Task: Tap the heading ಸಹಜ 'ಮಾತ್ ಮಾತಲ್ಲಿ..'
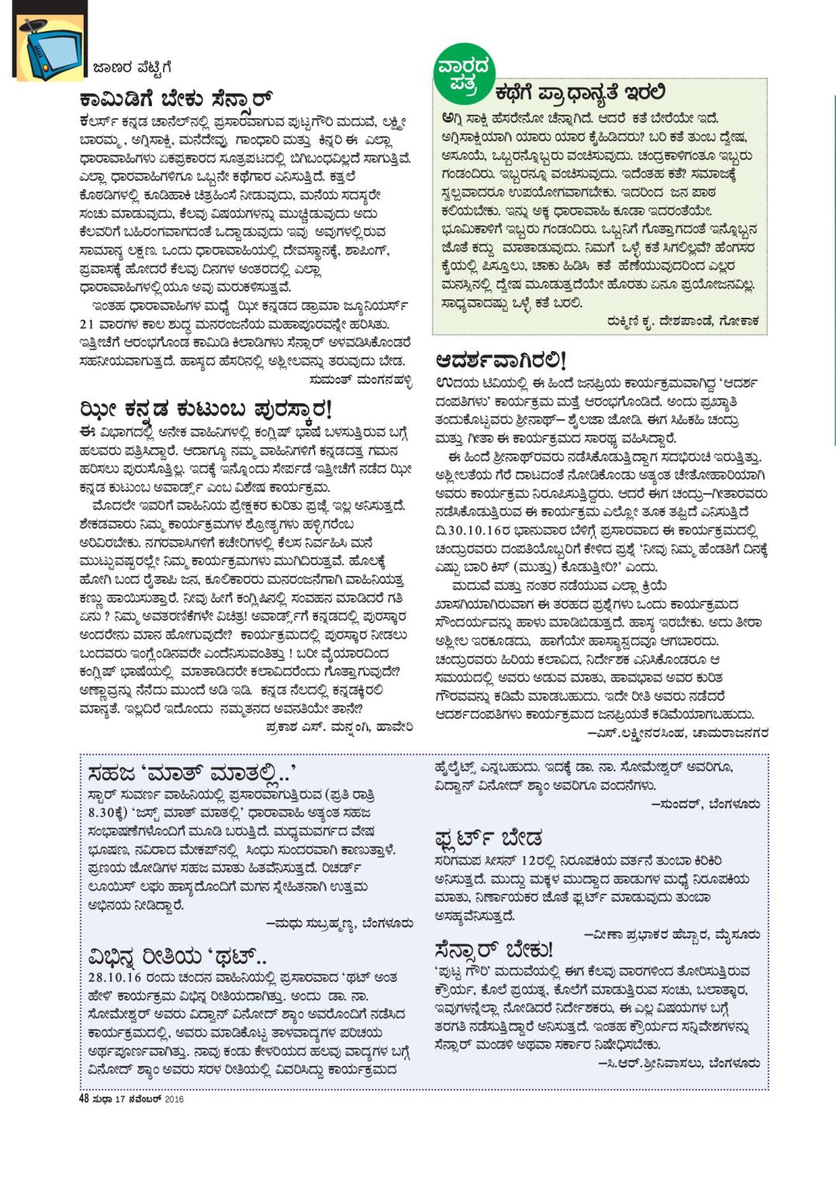pyautogui.click(x=192, y=772)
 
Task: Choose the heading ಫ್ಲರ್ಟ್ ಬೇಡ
pyautogui.click(x=489, y=838)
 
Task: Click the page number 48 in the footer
pyautogui.click(x=85, y=1098)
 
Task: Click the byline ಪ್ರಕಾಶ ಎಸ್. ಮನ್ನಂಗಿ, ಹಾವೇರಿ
pyautogui.click(x=338, y=727)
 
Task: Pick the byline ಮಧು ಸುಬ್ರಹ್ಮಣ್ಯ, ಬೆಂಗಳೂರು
pyautogui.click(x=339, y=923)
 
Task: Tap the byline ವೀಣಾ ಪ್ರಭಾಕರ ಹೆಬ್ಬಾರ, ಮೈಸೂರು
pyautogui.click(x=672, y=935)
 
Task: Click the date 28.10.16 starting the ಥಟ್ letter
pyautogui.click(x=110, y=977)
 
